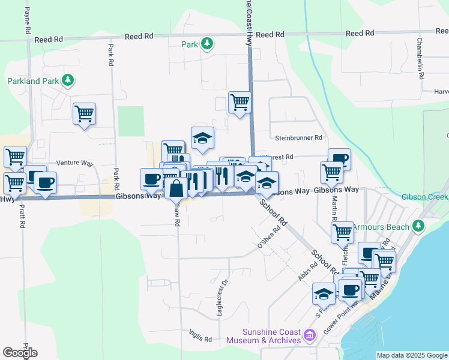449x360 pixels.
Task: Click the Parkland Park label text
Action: [32, 81]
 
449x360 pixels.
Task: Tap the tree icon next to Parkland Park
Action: [68, 80]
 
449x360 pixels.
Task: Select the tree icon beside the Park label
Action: [206, 44]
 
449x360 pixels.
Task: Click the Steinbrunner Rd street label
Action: [298, 138]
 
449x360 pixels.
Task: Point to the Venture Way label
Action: [75, 163]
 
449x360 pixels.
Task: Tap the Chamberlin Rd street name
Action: [421, 59]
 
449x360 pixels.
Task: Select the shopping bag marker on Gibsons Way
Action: [176, 188]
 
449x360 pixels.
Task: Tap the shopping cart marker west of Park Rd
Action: [84, 113]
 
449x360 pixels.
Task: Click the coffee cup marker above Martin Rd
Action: [339, 158]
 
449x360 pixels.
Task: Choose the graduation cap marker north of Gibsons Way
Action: [202, 137]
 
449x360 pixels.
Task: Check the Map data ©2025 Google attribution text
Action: [412, 355]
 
